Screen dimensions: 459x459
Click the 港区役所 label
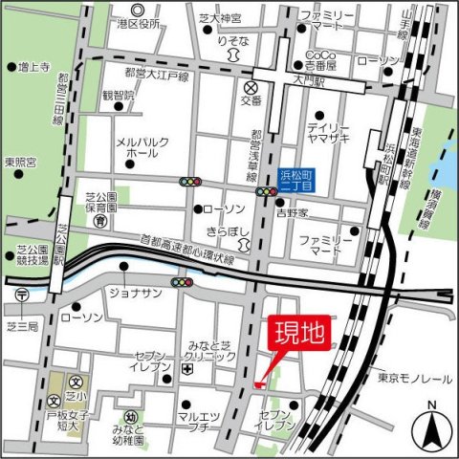click(137, 23)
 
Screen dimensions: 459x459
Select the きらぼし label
click(229, 231)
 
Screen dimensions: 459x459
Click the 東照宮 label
click(19, 162)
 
